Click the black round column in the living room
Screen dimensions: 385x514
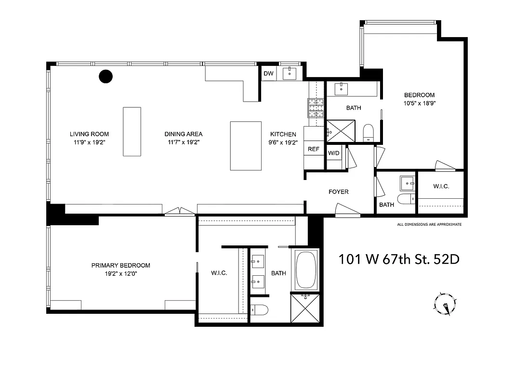105,76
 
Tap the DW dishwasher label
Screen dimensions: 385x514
268,74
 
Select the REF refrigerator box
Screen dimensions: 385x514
314,149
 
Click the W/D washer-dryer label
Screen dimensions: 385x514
334,154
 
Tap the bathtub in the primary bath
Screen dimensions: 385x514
305,270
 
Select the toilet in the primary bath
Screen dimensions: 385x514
261,310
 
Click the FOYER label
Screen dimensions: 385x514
339,192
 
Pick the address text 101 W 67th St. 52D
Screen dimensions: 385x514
399,259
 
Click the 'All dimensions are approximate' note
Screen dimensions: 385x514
429,224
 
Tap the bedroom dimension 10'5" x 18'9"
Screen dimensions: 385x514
419,103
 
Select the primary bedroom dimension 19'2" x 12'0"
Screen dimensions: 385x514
120,273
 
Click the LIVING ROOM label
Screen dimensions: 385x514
89,134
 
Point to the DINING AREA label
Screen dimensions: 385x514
185,134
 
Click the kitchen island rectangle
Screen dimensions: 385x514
246,146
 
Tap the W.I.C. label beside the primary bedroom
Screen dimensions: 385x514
219,273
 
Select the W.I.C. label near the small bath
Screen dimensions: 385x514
441,186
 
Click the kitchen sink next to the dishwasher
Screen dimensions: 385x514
290,73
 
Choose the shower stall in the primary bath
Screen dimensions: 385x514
305,308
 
